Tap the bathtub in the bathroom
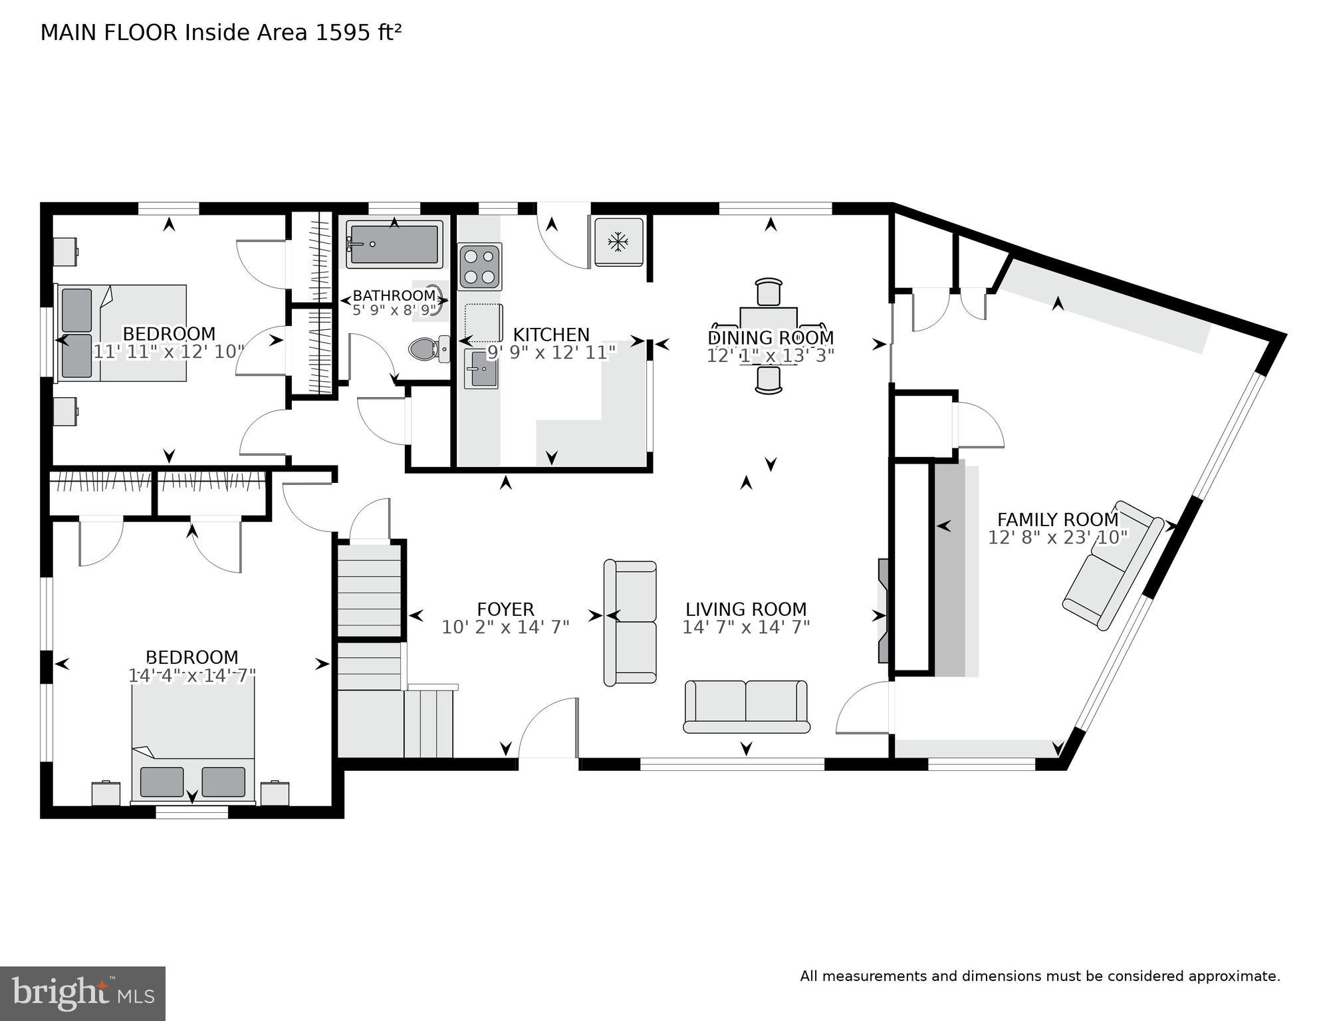394,244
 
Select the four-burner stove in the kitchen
479,267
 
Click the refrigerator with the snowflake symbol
618,242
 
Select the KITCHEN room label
551,335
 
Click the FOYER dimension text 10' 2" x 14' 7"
505,627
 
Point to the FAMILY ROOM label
1058,519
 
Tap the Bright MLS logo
82,994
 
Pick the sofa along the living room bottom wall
746,706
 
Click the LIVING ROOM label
746,609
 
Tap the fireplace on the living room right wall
884,611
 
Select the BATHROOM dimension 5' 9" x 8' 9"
394,310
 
